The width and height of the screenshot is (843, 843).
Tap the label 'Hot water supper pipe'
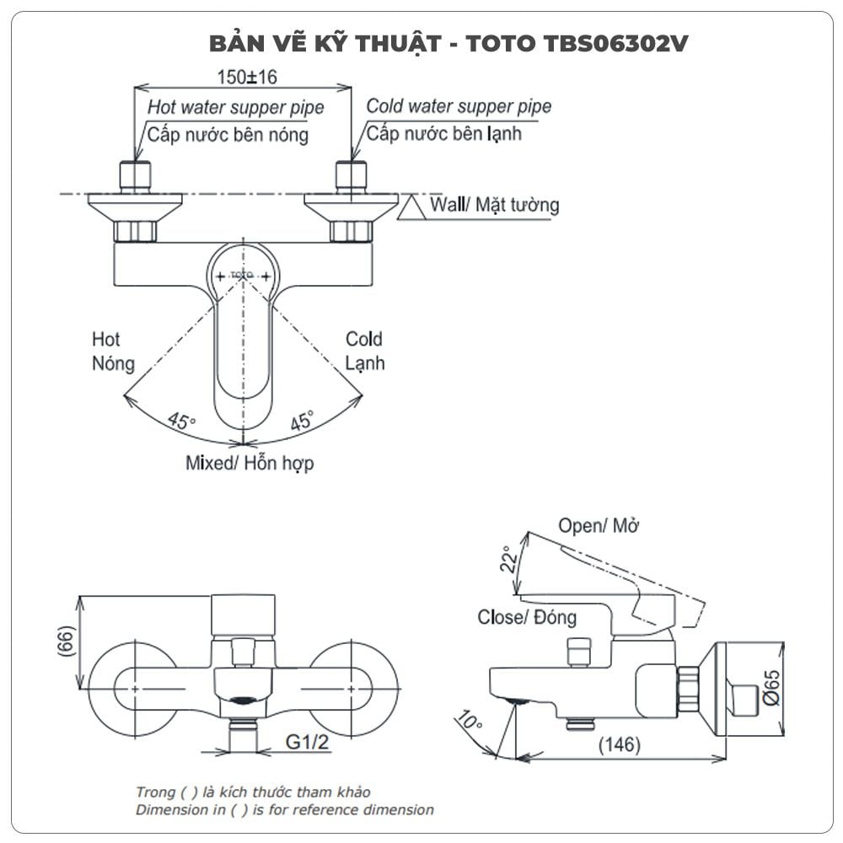[235, 108]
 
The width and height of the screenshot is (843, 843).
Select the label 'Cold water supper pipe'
[459, 106]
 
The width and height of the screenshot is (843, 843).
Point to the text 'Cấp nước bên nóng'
[228, 133]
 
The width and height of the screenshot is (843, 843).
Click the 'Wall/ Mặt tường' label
[494, 204]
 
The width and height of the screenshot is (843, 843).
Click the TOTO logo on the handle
[244, 276]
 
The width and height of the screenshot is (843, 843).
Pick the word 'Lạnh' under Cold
[365, 363]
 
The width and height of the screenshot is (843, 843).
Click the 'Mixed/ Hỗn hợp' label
[250, 463]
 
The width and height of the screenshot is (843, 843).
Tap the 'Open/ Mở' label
[599, 526]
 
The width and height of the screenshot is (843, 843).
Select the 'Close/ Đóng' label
[527, 617]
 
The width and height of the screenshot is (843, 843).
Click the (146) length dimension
[619, 745]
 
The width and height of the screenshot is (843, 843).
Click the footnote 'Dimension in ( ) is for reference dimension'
[285, 809]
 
